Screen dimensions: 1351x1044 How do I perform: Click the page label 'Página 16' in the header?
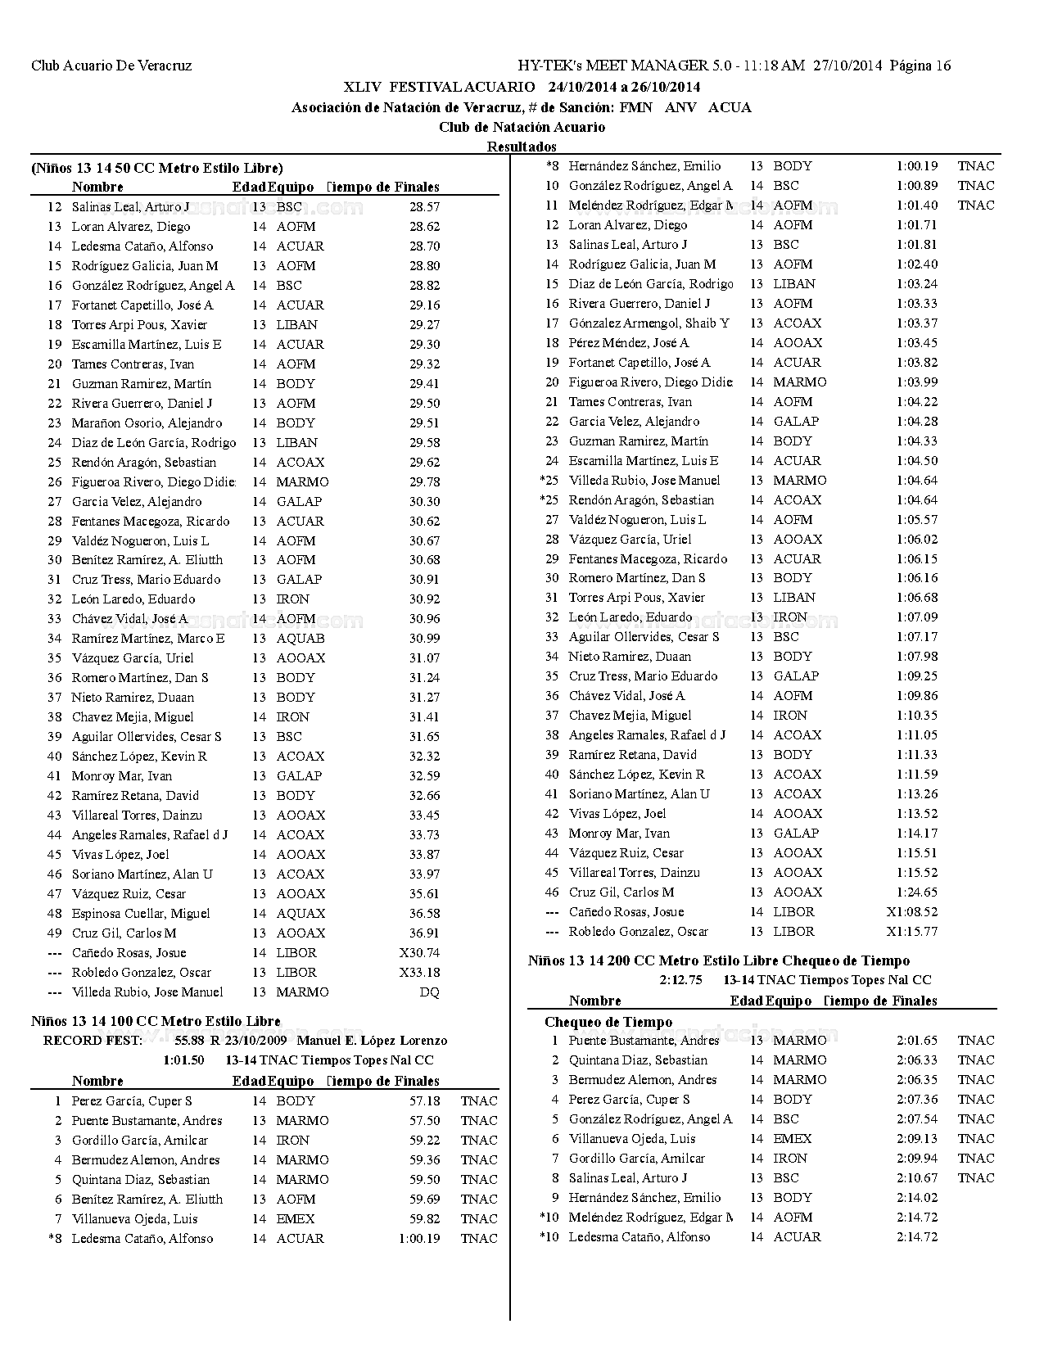pyautogui.click(x=920, y=66)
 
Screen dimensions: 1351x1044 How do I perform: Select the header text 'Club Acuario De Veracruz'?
pyautogui.click(x=111, y=66)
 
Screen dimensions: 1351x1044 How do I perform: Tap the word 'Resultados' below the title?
pyautogui.click(x=522, y=147)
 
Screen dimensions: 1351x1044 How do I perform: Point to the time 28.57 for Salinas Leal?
pyautogui.click(x=424, y=207)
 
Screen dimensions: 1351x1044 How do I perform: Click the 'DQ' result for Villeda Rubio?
pyautogui.click(x=429, y=992)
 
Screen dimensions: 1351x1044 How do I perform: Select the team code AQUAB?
pyautogui.click(x=301, y=639)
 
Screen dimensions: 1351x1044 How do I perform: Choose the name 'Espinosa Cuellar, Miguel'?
pyautogui.click(x=141, y=914)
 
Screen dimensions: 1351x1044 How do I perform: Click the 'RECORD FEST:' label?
pyautogui.click(x=93, y=1041)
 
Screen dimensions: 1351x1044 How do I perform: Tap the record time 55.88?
pyautogui.click(x=191, y=1041)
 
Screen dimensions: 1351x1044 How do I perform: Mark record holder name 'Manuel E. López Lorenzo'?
pyautogui.click(x=372, y=1041)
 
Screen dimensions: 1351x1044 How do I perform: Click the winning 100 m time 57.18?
pyautogui.click(x=424, y=1101)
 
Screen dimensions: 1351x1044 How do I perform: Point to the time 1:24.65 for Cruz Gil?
pyautogui.click(x=917, y=892)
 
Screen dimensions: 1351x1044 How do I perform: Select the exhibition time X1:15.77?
pyautogui.click(x=912, y=932)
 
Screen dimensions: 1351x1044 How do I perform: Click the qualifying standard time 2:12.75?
pyautogui.click(x=680, y=980)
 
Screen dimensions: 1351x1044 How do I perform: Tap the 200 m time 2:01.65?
pyautogui.click(x=917, y=1041)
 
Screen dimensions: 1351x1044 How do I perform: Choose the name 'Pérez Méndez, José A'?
pyautogui.click(x=629, y=343)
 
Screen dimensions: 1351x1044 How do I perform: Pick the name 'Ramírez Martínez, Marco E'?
pyautogui.click(x=148, y=639)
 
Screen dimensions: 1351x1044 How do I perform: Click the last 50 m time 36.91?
pyautogui.click(x=424, y=933)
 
